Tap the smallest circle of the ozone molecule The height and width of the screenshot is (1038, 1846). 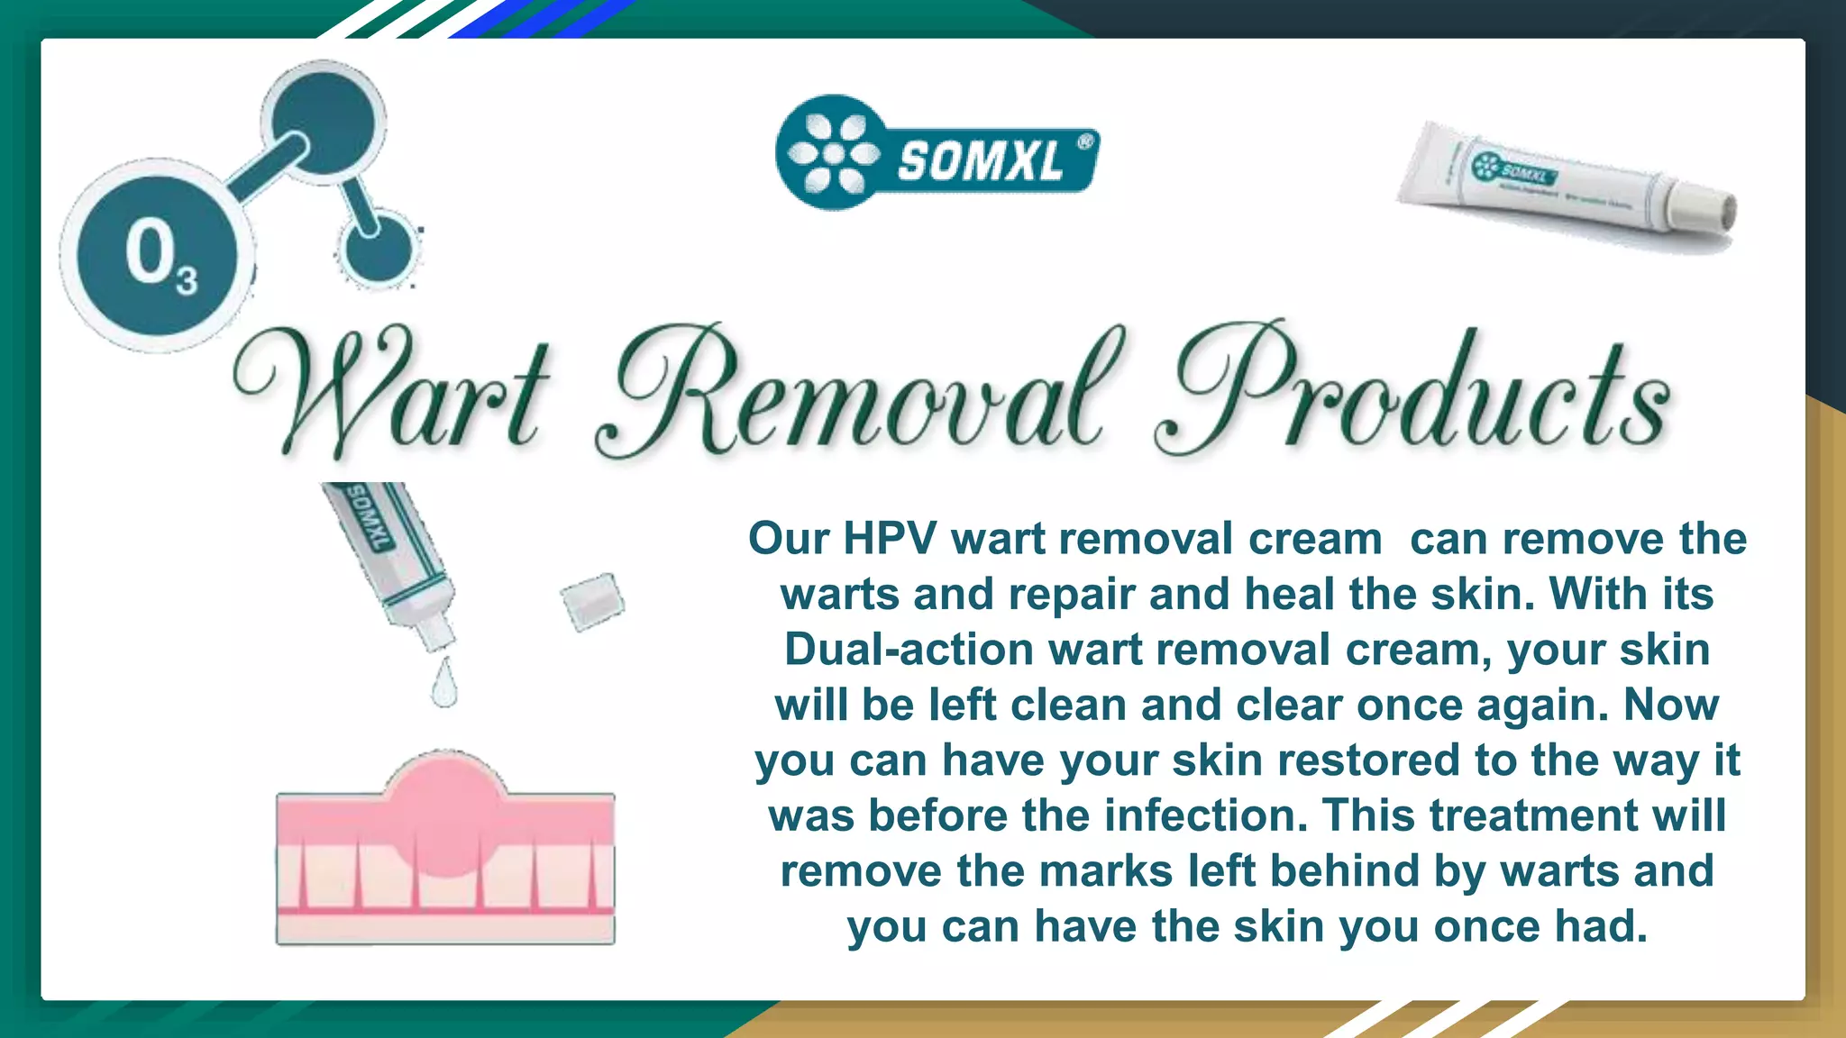[377, 248]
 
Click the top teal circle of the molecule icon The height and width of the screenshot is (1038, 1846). [323, 120]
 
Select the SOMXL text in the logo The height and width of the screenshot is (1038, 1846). [980, 162]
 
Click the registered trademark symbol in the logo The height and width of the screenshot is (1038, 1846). [1085, 141]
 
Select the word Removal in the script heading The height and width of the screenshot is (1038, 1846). [856, 392]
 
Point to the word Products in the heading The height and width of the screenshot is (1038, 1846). [1415, 392]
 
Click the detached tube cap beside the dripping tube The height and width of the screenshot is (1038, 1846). [591, 601]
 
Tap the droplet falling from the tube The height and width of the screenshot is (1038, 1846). [443, 685]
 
